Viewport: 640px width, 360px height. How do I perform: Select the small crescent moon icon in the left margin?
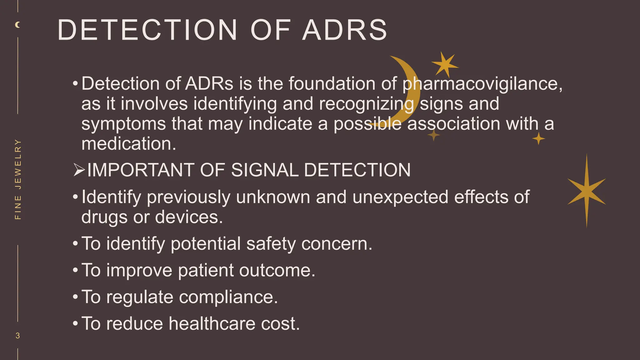click(18, 25)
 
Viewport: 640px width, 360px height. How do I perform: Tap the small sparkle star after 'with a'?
click(538, 138)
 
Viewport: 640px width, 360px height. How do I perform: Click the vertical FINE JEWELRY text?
click(18, 179)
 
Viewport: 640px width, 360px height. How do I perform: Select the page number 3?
click(18, 336)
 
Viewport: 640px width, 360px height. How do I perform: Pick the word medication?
click(129, 144)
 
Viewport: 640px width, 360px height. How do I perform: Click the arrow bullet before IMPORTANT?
click(79, 170)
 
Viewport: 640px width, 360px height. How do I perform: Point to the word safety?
click(271, 244)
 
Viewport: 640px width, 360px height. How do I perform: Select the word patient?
click(206, 270)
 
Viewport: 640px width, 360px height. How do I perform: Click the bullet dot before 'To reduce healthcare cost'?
click(75, 324)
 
